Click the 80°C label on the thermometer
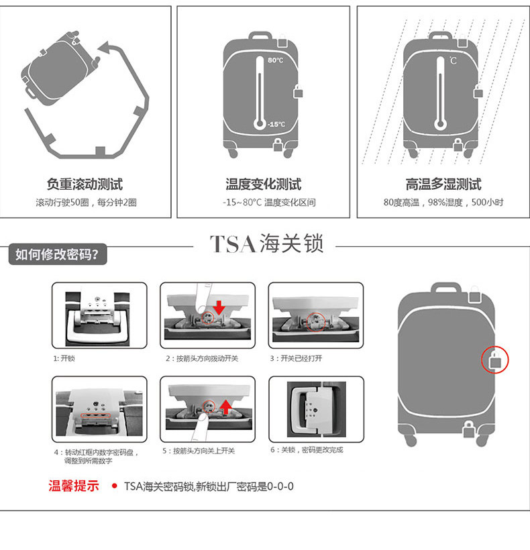[276, 60]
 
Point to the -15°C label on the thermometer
[276, 124]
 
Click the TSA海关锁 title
[266, 243]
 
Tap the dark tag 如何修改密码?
[57, 254]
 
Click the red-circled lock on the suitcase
[496, 361]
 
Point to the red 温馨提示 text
[74, 486]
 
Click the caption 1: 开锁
[64, 358]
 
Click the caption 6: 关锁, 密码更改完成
[307, 450]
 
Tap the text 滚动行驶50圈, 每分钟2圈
[86, 203]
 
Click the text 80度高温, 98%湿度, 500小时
[443, 203]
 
